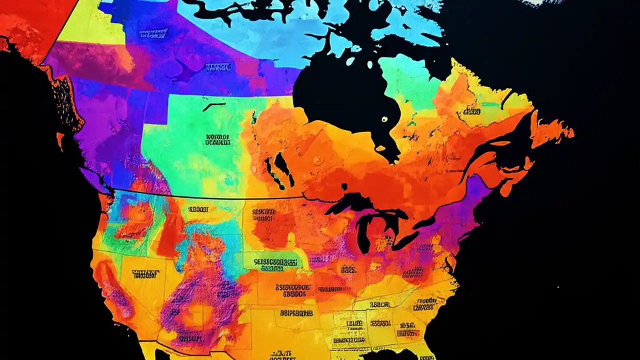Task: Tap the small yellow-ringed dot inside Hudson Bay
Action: pyautogui.click(x=384, y=119)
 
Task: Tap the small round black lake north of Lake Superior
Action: pyautogui.click(x=344, y=186)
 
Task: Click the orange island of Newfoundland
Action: pyautogui.click(x=550, y=131)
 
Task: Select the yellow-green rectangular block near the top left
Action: pyautogui.click(x=90, y=25)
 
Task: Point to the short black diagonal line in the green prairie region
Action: pyautogui.click(x=213, y=106)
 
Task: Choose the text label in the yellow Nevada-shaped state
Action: pyautogui.click(x=145, y=274)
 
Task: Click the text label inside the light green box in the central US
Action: pyautogui.click(x=275, y=261)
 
